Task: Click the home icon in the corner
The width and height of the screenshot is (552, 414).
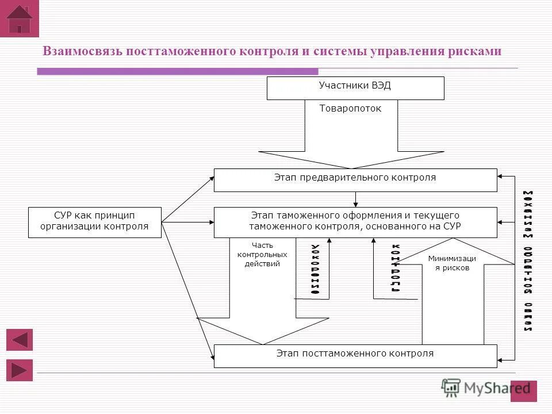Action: click(20, 20)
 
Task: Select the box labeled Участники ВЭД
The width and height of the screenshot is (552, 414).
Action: click(355, 88)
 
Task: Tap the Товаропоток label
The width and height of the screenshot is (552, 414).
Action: click(350, 108)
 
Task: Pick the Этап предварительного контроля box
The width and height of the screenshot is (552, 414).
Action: click(355, 180)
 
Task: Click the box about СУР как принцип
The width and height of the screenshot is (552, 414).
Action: click(94, 222)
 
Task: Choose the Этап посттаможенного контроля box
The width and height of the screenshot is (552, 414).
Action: click(355, 356)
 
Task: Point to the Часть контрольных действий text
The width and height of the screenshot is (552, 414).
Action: click(262, 255)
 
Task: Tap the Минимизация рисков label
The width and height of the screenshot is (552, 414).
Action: click(452, 263)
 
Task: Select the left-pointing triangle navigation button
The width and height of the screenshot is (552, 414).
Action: click(20, 340)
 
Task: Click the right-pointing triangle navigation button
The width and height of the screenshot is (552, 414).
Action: click(20, 370)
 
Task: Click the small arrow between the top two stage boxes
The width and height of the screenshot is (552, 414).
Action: click(356, 199)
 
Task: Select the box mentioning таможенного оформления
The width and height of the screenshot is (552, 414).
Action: click(355, 222)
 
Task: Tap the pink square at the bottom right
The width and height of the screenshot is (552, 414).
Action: click(523, 391)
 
